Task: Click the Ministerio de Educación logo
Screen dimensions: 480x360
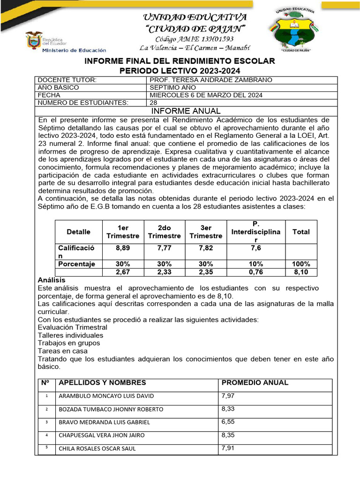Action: click(66, 43)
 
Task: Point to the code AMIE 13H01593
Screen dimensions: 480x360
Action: click(195, 39)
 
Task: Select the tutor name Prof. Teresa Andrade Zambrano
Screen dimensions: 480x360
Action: click(210, 80)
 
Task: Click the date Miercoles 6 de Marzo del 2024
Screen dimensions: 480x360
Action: click(206, 95)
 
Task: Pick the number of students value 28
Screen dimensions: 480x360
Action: click(153, 103)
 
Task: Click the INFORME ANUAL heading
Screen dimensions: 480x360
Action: click(186, 111)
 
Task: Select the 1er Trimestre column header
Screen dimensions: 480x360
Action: click(123, 232)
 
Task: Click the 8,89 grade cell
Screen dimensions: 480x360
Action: click(123, 247)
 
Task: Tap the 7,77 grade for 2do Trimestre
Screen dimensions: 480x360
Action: click(164, 247)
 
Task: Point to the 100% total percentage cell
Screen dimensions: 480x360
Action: click(301, 264)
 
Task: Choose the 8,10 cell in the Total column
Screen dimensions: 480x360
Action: click(301, 272)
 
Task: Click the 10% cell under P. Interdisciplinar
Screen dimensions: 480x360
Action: click(256, 264)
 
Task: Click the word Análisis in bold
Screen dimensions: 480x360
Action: click(52, 280)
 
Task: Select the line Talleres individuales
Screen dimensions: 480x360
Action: click(70, 335)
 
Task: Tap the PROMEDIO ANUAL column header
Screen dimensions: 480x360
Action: click(255, 382)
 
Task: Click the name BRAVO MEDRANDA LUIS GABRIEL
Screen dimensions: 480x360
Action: click(104, 422)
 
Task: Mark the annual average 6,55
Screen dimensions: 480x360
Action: click(228, 421)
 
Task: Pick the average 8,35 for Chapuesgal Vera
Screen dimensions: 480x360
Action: click(228, 435)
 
